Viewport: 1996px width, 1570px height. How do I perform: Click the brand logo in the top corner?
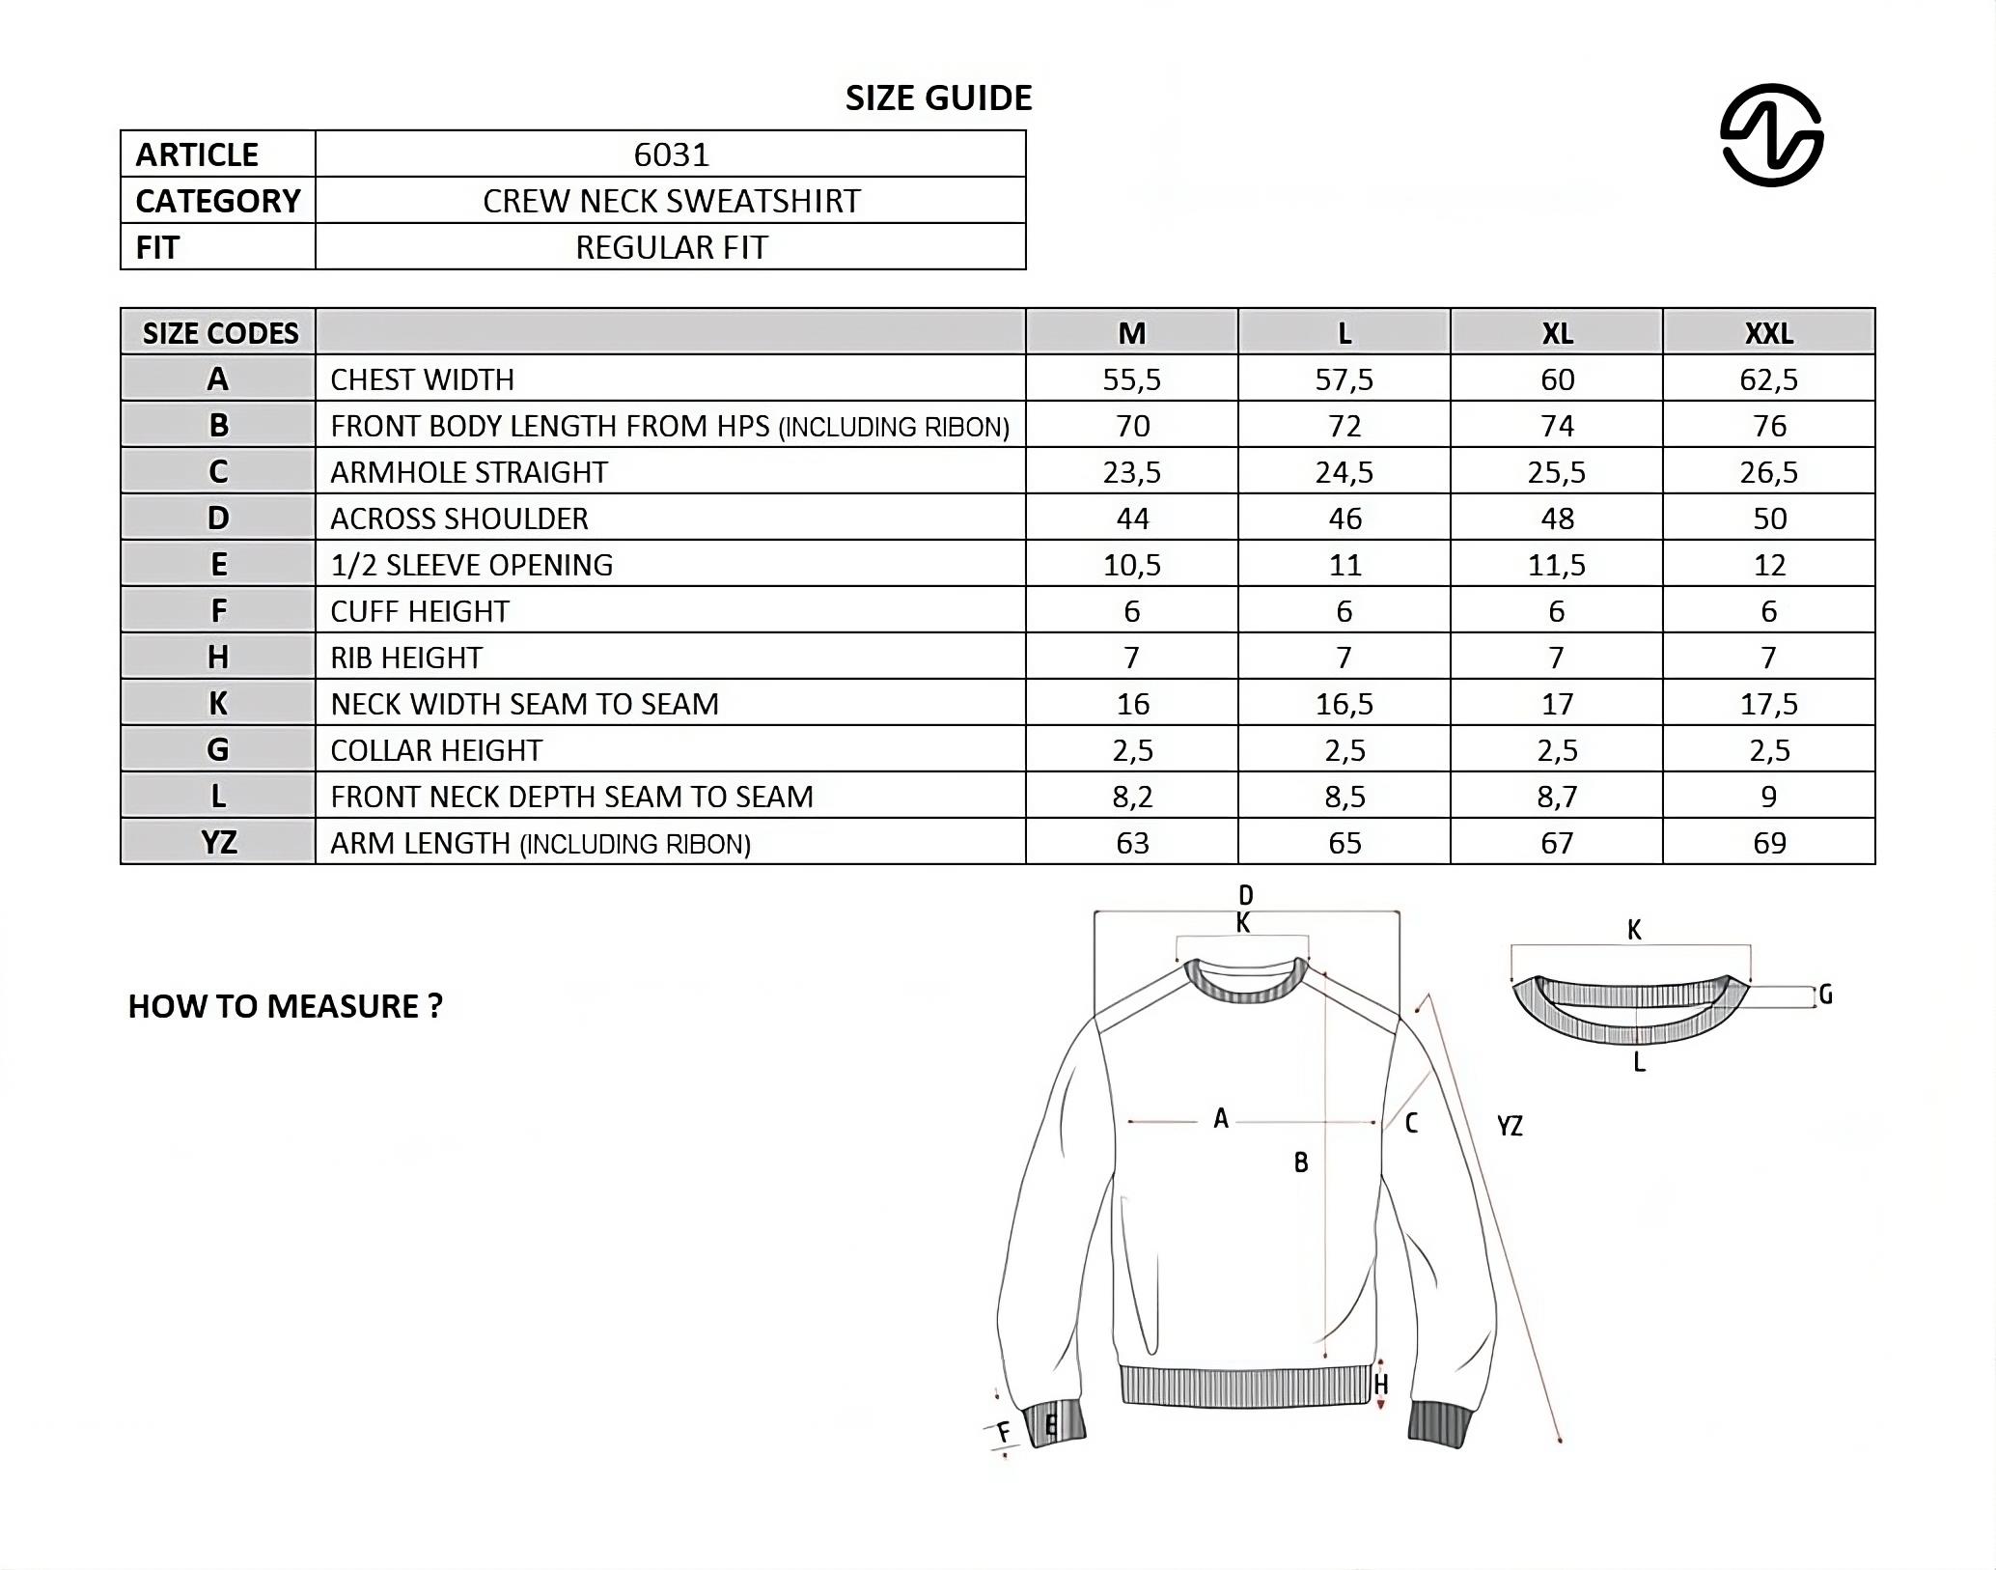pyautogui.click(x=1771, y=135)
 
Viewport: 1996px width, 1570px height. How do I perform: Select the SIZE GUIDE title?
pyautogui.click(x=938, y=98)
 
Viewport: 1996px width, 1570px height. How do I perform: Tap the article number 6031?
pyautogui.click(x=671, y=154)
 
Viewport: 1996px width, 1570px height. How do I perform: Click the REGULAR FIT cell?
pyautogui.click(x=671, y=247)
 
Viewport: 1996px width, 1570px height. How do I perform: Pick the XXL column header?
pyautogui.click(x=1768, y=333)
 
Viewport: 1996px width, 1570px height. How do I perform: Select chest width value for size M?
pyautogui.click(x=1131, y=379)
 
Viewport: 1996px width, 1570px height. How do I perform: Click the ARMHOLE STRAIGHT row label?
pyautogui.click(x=469, y=472)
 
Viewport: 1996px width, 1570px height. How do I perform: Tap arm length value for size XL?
pyautogui.click(x=1556, y=843)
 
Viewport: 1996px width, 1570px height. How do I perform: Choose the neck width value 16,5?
pyautogui.click(x=1344, y=704)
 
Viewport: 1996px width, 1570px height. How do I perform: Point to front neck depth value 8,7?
pyautogui.click(x=1556, y=797)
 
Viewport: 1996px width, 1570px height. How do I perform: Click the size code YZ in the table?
pyautogui.click(x=219, y=843)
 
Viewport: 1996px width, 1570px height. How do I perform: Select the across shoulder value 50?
pyautogui.click(x=1768, y=519)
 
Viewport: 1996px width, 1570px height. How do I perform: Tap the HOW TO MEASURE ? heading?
pyautogui.click(x=285, y=1006)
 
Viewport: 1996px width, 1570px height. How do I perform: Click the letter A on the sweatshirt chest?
pyautogui.click(x=1221, y=1119)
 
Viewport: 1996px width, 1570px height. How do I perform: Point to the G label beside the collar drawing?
pyautogui.click(x=1824, y=995)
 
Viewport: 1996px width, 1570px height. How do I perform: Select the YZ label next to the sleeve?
pyautogui.click(x=1510, y=1126)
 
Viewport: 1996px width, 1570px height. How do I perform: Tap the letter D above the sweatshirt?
pyautogui.click(x=1245, y=895)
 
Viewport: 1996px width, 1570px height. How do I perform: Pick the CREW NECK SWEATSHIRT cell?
pyautogui.click(x=671, y=201)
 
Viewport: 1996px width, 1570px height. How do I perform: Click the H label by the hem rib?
pyautogui.click(x=1381, y=1385)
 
